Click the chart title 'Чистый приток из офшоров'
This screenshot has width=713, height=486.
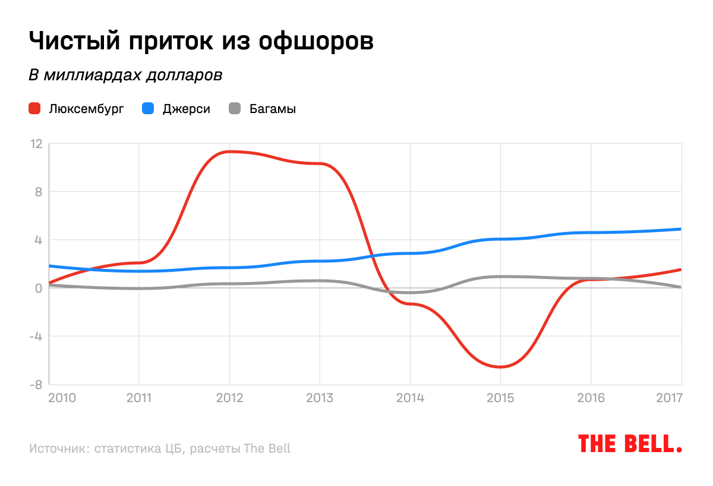pos(201,41)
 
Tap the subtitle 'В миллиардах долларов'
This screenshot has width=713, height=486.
pos(126,76)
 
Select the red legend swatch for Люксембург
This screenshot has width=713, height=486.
pos(34,109)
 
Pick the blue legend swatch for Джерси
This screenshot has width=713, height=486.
pos(148,109)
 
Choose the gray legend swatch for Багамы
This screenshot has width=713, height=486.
pos(235,109)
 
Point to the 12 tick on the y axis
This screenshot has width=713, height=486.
pos(36,143)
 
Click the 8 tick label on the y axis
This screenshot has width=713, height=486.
pos(38,192)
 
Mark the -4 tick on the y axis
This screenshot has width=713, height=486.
pos(36,336)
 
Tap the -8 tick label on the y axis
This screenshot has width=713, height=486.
pos(36,384)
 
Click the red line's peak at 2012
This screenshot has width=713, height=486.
pos(229,152)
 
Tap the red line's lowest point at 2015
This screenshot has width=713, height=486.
pos(500,366)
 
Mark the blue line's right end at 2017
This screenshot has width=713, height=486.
pos(680,229)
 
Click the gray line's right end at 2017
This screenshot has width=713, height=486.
pos(680,287)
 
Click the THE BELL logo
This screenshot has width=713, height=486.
pos(630,444)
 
